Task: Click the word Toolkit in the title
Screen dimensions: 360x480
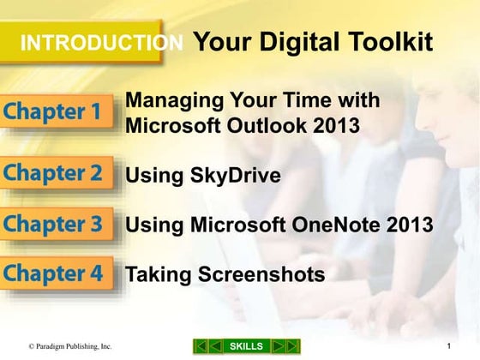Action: click(x=385, y=42)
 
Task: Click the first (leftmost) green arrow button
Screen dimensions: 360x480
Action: click(x=199, y=345)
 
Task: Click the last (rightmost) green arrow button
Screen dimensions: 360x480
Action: click(x=293, y=345)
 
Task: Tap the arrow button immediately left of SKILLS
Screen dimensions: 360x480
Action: click(x=214, y=345)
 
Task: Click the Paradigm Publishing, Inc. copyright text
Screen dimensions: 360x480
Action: click(x=69, y=346)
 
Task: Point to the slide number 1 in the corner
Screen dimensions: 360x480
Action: click(x=449, y=345)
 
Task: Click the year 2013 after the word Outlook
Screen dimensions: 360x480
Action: click(x=333, y=127)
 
